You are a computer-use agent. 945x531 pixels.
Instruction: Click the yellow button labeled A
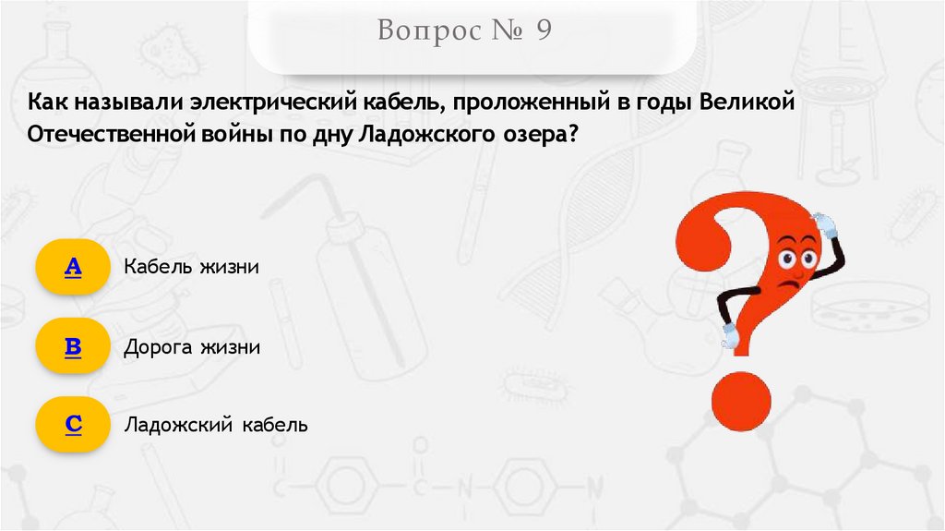(73, 267)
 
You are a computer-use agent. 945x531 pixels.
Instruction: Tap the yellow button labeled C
(73, 425)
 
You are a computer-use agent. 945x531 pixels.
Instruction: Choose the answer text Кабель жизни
(191, 267)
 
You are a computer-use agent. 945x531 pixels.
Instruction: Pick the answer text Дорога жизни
(192, 347)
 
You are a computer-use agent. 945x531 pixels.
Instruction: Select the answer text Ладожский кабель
(215, 426)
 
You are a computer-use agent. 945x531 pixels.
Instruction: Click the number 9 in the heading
(541, 32)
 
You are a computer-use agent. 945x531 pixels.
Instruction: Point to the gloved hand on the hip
(729, 334)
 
